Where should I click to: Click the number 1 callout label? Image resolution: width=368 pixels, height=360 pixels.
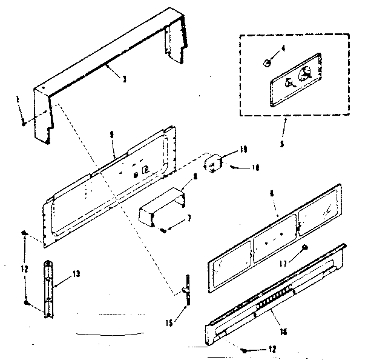pos(18,98)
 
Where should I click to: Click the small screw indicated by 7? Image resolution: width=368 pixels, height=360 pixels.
pos(164,228)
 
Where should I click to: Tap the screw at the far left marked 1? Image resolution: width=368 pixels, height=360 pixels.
pos(23,122)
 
